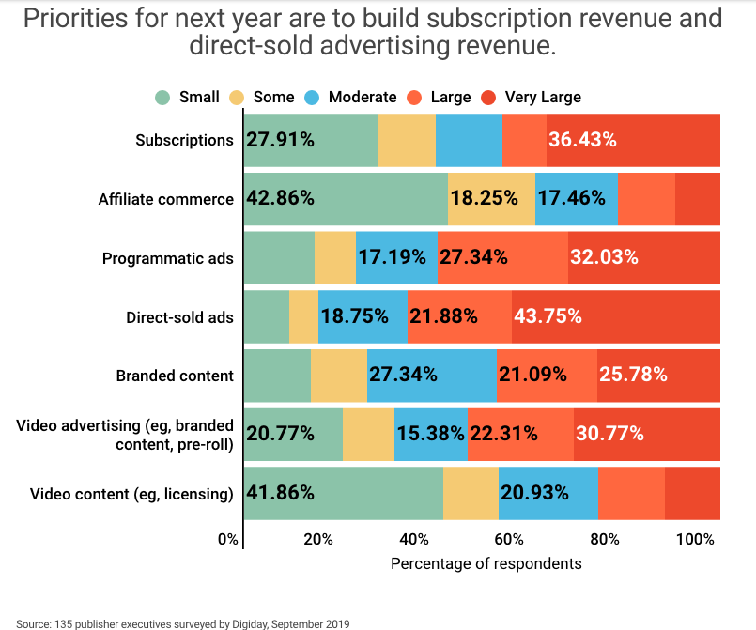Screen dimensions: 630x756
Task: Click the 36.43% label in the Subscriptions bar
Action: (582, 140)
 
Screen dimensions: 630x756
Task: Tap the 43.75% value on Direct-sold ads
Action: (546, 316)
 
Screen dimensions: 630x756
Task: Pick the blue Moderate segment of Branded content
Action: (431, 376)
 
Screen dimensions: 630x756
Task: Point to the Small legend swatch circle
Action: (162, 97)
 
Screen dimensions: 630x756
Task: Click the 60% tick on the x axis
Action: (510, 540)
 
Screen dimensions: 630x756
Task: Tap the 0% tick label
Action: (228, 540)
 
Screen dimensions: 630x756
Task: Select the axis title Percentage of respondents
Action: (486, 564)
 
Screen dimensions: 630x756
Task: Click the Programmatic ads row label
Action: (168, 258)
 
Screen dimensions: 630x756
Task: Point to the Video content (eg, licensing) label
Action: (131, 494)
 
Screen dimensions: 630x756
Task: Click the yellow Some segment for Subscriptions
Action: (407, 140)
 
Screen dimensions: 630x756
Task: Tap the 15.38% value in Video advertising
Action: (431, 434)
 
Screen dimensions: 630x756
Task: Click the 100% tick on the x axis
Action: (695, 540)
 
